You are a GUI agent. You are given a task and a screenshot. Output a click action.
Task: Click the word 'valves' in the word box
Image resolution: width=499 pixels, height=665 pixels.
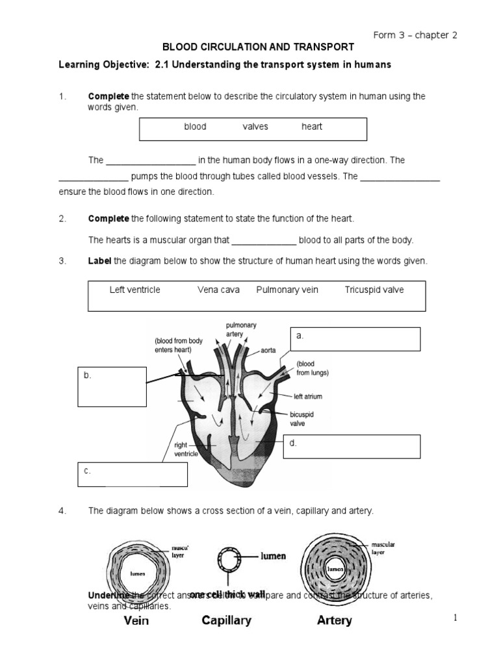(x=255, y=127)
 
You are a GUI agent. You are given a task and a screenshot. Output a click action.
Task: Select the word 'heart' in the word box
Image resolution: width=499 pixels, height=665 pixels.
(x=312, y=127)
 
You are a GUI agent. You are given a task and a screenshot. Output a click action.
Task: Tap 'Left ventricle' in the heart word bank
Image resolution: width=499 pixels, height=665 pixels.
(x=134, y=290)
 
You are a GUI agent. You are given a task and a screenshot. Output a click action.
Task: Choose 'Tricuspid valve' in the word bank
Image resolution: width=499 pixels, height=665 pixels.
(x=374, y=290)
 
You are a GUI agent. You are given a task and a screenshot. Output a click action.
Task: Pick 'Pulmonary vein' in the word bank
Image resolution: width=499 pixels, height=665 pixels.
(x=287, y=290)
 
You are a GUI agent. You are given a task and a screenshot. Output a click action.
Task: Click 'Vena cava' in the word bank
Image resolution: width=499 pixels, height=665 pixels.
(x=218, y=290)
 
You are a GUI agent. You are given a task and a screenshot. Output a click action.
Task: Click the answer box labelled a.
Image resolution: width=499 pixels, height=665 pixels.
(x=355, y=339)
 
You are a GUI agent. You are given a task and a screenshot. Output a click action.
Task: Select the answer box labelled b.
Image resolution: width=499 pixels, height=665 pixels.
(x=112, y=387)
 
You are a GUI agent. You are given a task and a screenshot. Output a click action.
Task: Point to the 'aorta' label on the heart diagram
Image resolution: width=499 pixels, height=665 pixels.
(x=269, y=350)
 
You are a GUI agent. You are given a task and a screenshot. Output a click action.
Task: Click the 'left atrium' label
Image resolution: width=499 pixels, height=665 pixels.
(x=307, y=395)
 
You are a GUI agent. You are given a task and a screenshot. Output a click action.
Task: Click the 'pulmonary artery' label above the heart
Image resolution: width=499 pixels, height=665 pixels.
(x=242, y=329)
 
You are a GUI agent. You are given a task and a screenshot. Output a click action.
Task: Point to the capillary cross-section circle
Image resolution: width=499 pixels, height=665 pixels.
(x=227, y=557)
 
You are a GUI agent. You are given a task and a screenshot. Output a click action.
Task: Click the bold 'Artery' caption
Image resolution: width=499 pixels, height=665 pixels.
(x=334, y=620)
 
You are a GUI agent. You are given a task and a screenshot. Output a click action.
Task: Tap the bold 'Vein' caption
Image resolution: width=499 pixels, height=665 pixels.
(x=136, y=620)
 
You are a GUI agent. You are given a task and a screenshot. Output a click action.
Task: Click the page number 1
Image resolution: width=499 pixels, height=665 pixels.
(x=457, y=618)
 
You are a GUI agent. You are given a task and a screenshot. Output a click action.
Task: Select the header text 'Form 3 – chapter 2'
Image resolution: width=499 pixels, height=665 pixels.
(x=415, y=35)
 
